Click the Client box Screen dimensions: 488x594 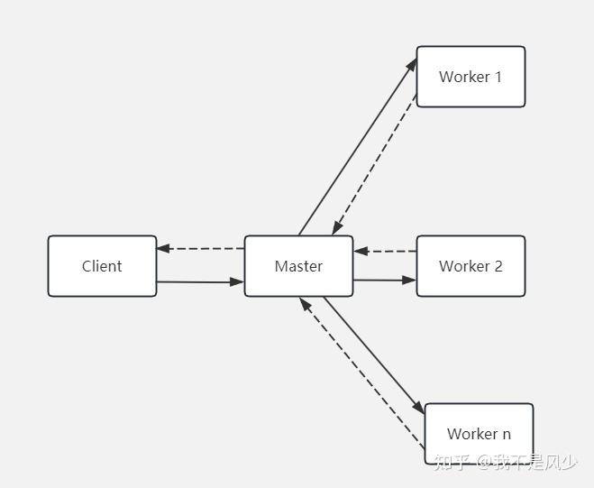(x=102, y=266)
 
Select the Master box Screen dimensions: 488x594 (x=298, y=266)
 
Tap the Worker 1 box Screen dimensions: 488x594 (x=471, y=77)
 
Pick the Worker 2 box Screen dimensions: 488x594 (x=471, y=266)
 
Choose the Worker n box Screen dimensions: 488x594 (x=479, y=434)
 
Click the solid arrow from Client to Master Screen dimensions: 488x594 (x=200, y=282)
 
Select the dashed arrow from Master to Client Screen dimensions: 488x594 (x=200, y=248)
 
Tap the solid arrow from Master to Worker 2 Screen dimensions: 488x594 (x=384, y=281)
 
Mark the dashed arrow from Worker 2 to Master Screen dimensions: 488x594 (x=385, y=251)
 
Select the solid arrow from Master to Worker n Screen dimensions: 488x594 (x=373, y=354)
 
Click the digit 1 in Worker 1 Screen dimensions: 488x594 (x=498, y=77)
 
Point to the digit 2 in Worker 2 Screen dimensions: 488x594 (x=498, y=266)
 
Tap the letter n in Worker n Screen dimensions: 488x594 (x=506, y=434)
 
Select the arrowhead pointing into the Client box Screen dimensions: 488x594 (x=163, y=248)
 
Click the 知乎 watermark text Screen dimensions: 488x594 (x=451, y=463)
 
